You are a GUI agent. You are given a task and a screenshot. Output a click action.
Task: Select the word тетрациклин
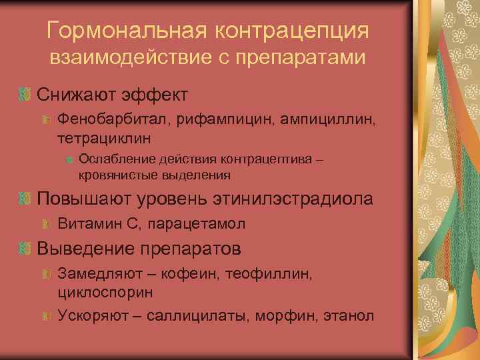click(104, 138)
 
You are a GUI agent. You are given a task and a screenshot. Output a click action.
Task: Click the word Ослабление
click(114, 159)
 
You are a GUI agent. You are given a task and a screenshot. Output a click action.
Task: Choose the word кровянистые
click(116, 175)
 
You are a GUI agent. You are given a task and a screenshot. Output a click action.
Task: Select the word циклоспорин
click(106, 292)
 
